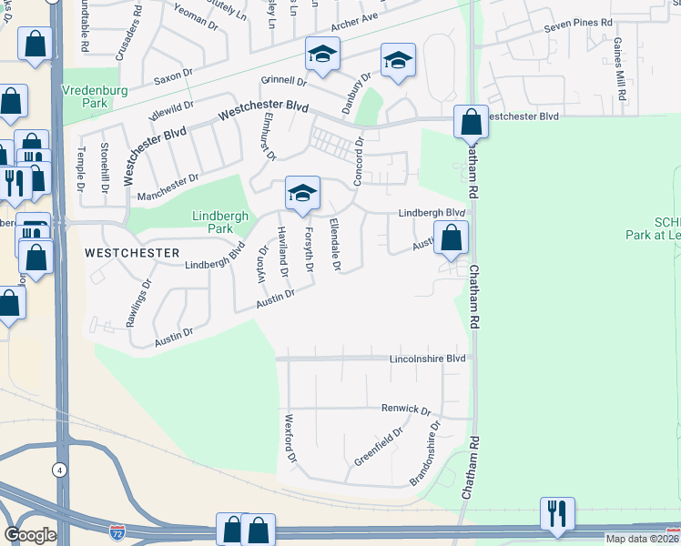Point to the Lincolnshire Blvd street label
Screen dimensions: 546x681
pyautogui.click(x=427, y=359)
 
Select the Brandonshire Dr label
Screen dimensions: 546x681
pyautogui.click(x=426, y=452)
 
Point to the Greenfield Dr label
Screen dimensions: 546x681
pyautogui.click(x=371, y=448)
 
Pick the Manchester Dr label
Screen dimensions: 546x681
pyautogui.click(x=167, y=188)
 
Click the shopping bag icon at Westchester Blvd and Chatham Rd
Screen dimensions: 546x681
pyautogui.click(x=471, y=121)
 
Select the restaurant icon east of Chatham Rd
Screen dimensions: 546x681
pyautogui.click(x=554, y=512)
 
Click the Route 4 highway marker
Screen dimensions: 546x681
pyautogui.click(x=59, y=470)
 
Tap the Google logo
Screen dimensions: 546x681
pyautogui.click(x=30, y=535)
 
